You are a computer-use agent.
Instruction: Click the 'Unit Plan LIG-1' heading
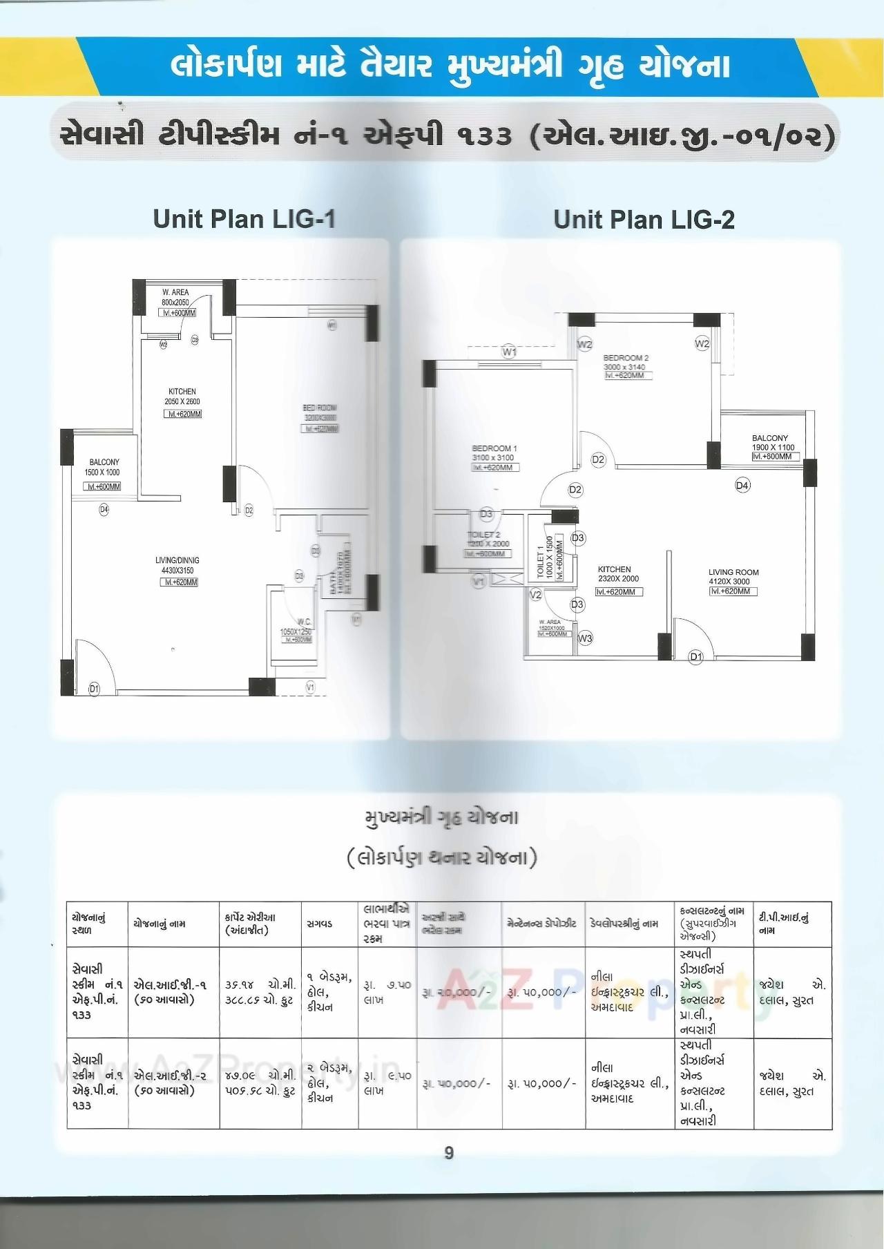244,219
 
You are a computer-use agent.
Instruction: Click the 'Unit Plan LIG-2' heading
644,220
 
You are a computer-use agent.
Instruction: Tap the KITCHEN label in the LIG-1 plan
182,392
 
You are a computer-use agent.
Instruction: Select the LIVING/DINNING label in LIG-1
177,560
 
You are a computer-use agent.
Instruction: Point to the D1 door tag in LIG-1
94,688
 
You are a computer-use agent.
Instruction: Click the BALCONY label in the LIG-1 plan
104,462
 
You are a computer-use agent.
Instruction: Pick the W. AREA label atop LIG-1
175,293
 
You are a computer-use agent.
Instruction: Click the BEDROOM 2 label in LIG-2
626,358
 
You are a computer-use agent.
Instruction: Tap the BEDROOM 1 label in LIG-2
494,448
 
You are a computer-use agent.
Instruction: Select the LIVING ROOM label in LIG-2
733,572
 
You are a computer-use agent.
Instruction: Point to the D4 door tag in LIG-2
742,486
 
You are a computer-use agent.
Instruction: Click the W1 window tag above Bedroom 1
509,352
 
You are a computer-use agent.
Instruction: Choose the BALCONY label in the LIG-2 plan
770,438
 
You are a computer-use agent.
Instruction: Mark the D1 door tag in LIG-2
696,657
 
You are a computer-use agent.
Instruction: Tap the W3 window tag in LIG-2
585,638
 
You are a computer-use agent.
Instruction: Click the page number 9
449,1153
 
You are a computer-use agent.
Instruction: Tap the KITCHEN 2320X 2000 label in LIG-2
615,569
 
